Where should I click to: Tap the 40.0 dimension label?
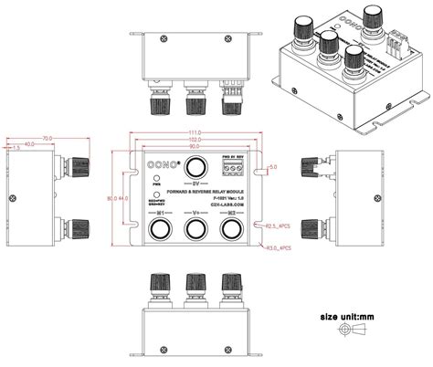tap(28, 144)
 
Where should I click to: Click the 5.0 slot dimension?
tap(273, 168)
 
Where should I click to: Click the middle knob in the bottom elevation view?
tap(194, 286)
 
